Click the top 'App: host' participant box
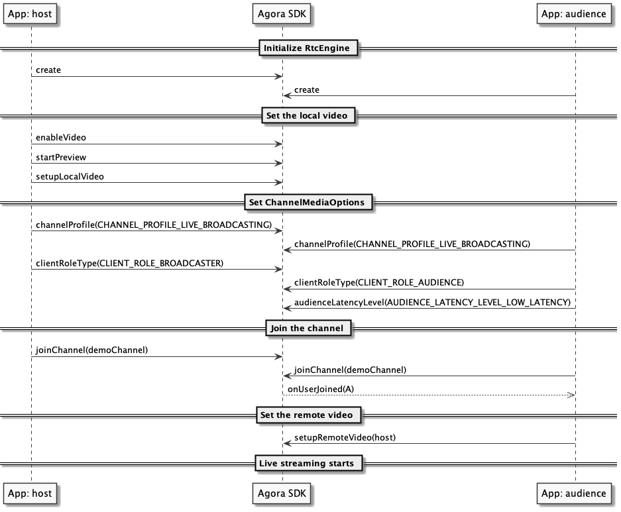[x=30, y=14]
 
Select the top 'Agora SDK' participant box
[x=282, y=14]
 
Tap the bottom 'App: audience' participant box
[x=573, y=493]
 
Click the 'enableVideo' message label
[x=60, y=138]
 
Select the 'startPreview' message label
[x=61, y=158]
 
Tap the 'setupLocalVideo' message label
[x=70, y=177]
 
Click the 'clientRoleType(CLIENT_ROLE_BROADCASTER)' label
[x=129, y=264]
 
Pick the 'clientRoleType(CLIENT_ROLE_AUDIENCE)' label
[x=379, y=283]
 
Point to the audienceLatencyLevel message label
[x=433, y=302]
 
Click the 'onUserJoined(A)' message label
[x=321, y=389]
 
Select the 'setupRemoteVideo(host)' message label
[x=345, y=438]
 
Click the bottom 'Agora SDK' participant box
[x=282, y=493]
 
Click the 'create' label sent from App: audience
[x=307, y=90]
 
